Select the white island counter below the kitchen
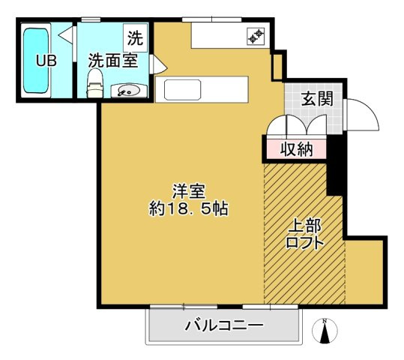coord(205,90)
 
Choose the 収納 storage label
coord(295,148)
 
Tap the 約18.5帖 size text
coord(188,210)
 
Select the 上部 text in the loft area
coord(305,225)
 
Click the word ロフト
coord(305,242)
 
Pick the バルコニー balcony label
coord(223,325)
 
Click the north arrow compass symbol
coord(325,331)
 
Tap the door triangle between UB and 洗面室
coord(67,34)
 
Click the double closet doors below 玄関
coord(298,124)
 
